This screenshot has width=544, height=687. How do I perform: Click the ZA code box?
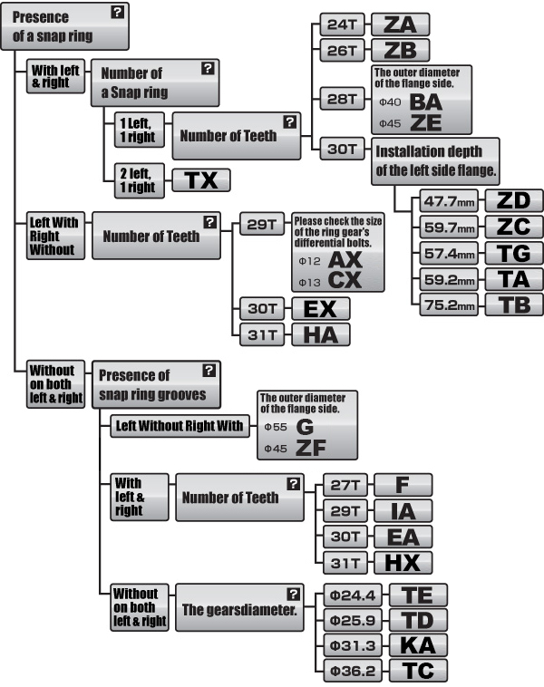(400, 24)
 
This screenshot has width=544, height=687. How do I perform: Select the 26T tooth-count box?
(342, 51)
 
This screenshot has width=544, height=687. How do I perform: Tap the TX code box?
(201, 180)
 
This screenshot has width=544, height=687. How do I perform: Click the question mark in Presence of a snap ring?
(118, 13)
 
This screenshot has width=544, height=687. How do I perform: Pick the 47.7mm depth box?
(449, 201)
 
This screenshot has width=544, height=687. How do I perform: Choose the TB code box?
(514, 305)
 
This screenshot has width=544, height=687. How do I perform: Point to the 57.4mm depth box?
(449, 253)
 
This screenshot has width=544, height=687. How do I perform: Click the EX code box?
(321, 309)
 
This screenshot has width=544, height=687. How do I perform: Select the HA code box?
(321, 335)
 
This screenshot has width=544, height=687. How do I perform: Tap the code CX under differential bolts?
(345, 280)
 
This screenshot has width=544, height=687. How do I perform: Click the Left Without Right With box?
(180, 426)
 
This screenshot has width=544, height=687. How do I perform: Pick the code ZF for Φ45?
(311, 448)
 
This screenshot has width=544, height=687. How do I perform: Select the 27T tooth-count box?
(345, 485)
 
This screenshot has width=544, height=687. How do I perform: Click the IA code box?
(403, 511)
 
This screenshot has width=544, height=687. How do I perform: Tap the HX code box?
(403, 563)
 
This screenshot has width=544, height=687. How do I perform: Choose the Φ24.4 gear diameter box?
(353, 595)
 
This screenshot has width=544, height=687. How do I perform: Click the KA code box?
(418, 645)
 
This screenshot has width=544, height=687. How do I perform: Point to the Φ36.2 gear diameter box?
(353, 671)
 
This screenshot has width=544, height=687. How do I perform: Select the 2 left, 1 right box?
(140, 180)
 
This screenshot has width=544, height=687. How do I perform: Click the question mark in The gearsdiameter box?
(293, 595)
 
